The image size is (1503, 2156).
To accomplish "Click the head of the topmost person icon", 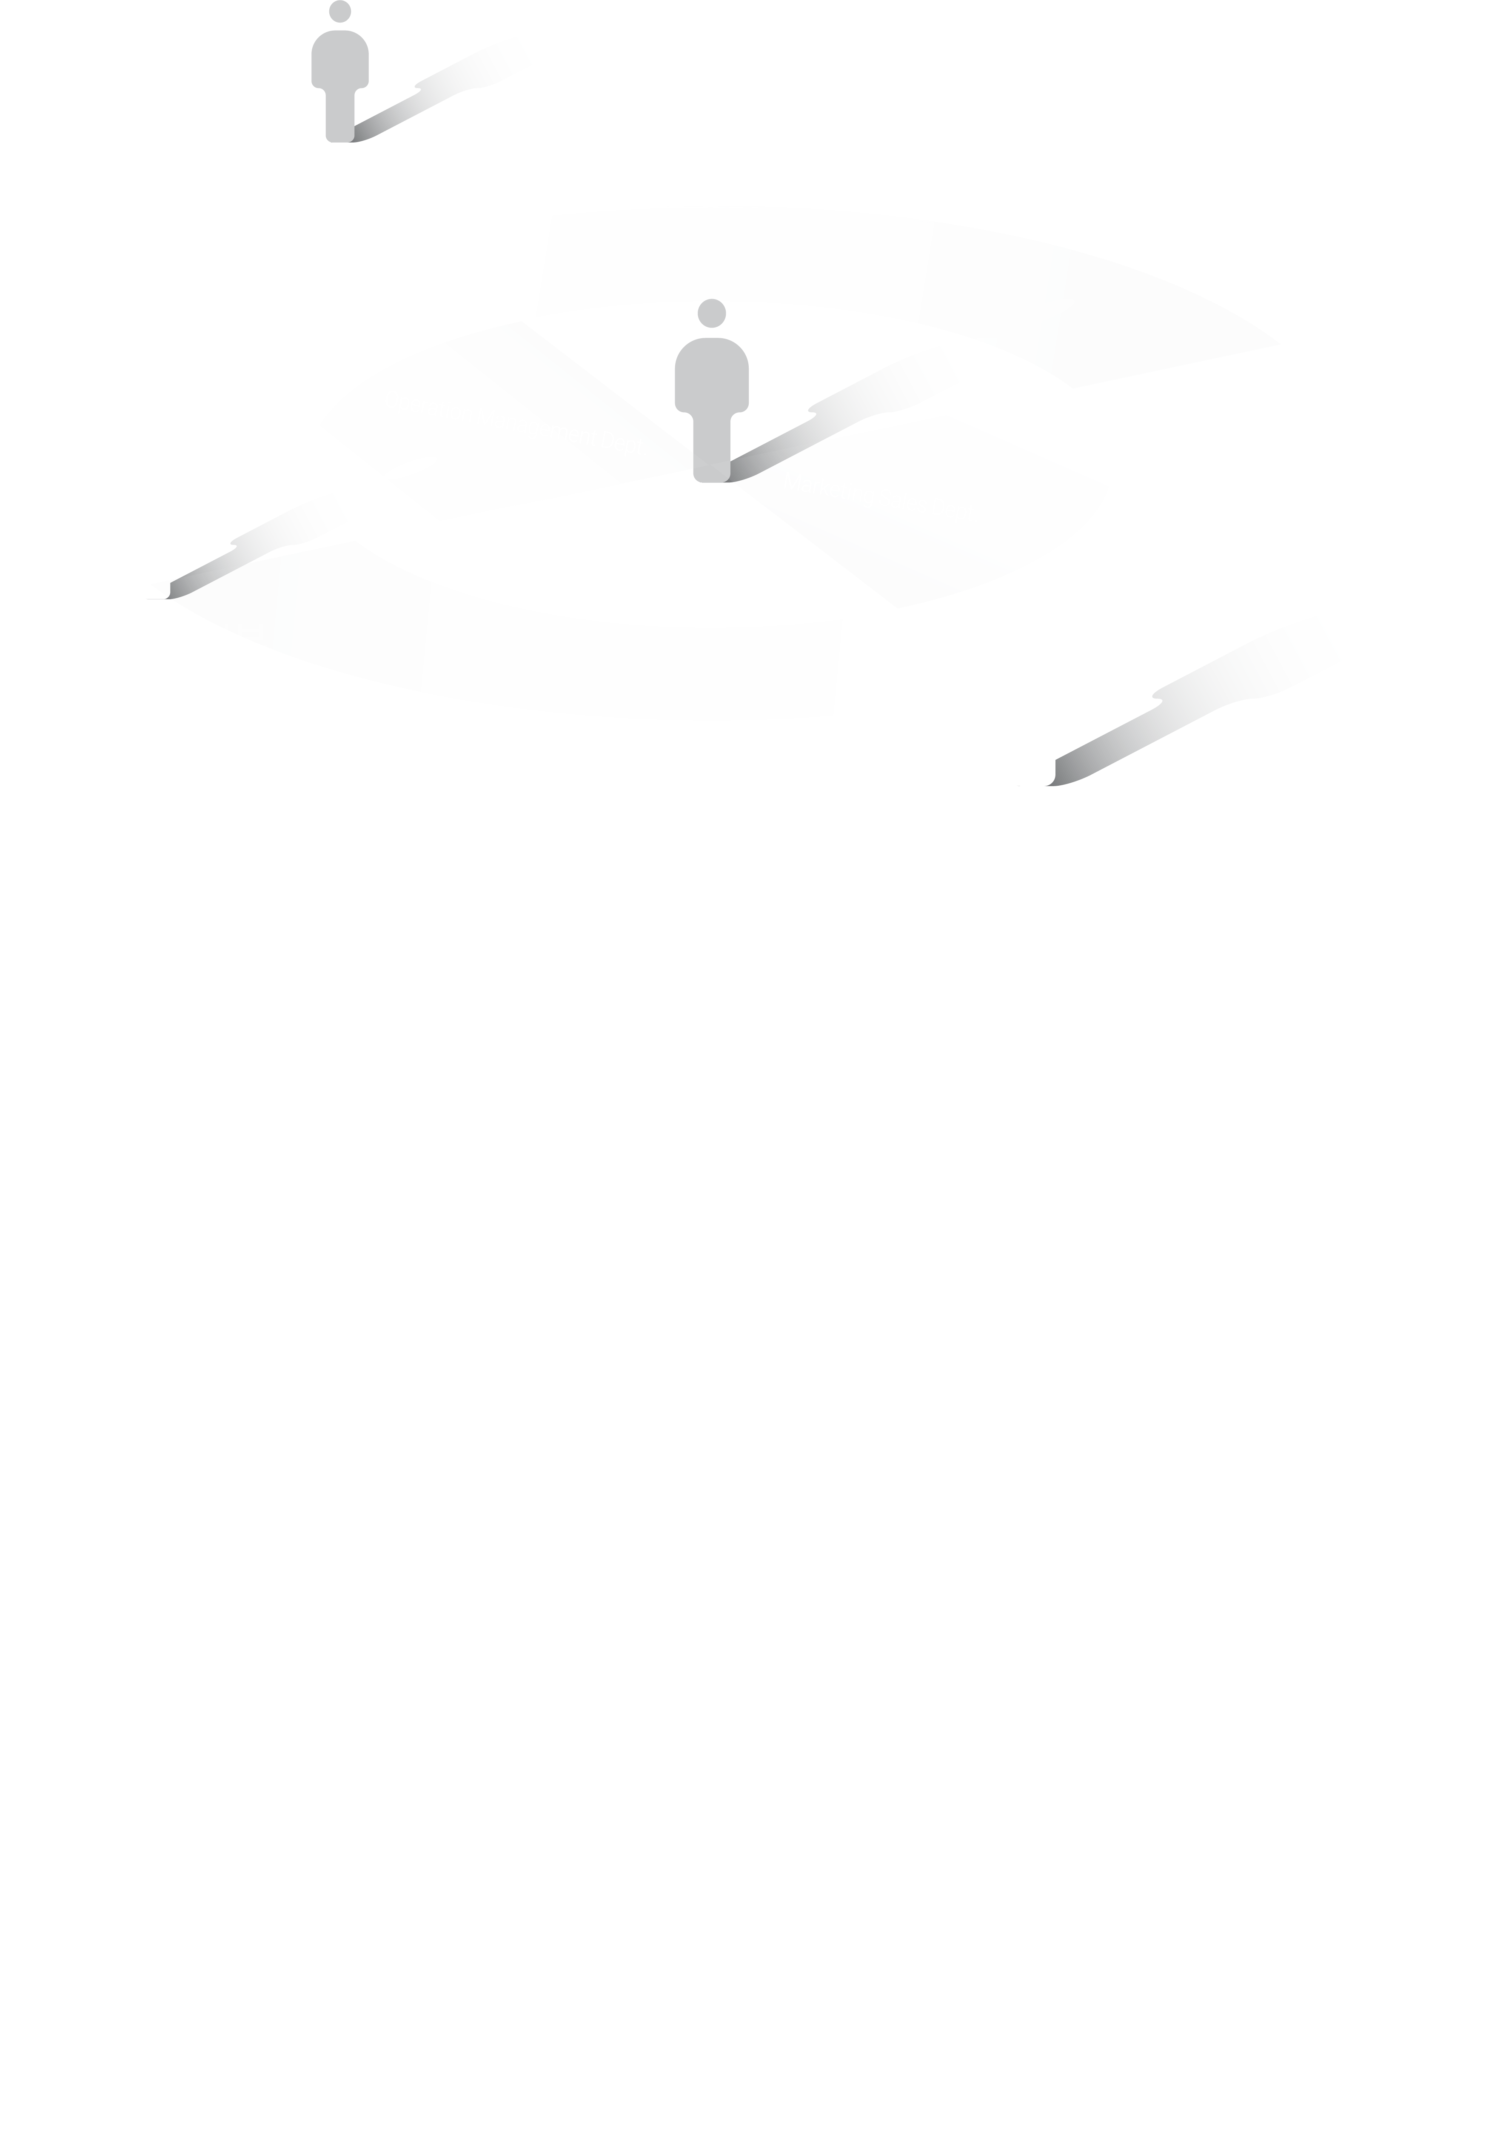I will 340,11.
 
